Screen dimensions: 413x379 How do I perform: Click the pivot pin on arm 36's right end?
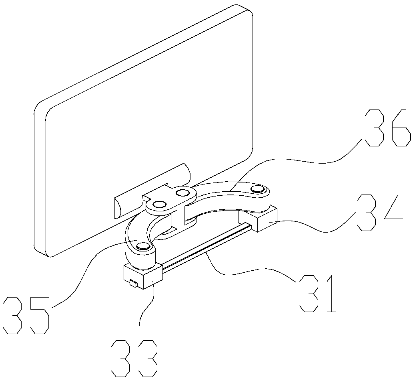pos(257,188)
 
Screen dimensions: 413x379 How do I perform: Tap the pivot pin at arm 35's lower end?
pos(143,247)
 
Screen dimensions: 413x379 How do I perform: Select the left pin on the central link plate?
pos(159,204)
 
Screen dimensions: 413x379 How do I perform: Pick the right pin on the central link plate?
pos(182,193)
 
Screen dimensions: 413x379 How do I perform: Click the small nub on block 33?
pos(133,285)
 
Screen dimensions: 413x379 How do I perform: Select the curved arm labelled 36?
pos(224,197)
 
